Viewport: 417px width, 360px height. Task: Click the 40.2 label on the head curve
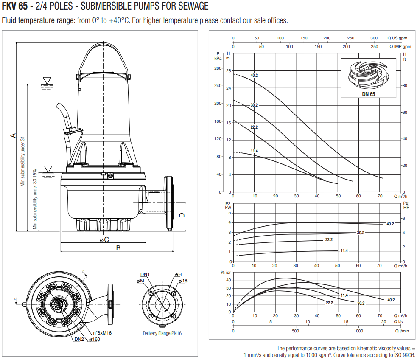click(254, 76)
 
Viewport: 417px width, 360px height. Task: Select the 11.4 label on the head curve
click(254, 151)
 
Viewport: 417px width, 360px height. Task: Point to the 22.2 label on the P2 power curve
click(329, 240)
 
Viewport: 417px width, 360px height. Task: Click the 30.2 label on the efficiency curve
click(361, 303)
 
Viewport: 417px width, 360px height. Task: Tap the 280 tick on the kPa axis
click(218, 68)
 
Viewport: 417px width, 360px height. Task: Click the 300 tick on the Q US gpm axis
click(374, 38)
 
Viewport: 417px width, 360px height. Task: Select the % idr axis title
click(225, 272)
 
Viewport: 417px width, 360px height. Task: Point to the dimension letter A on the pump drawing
click(13, 135)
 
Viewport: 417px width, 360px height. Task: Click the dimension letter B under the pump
click(118, 248)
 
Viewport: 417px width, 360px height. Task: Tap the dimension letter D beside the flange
click(182, 215)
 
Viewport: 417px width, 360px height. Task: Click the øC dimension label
click(104, 239)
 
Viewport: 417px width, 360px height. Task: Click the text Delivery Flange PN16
click(162, 333)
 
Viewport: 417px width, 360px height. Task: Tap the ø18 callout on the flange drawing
click(183, 281)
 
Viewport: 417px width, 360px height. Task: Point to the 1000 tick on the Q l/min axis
click(358, 330)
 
